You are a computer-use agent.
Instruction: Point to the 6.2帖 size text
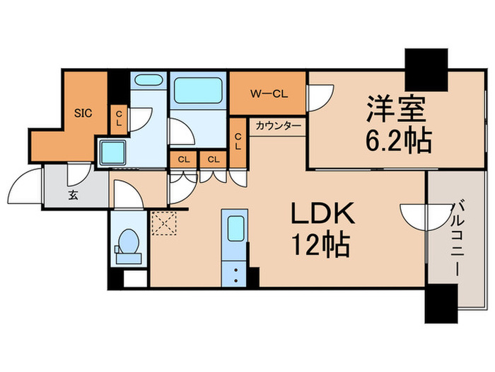[x=398, y=142]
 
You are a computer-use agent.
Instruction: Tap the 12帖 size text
[x=318, y=247]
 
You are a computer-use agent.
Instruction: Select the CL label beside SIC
[x=120, y=118]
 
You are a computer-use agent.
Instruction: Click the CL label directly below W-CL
[x=238, y=142]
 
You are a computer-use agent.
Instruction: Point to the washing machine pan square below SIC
[x=112, y=151]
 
